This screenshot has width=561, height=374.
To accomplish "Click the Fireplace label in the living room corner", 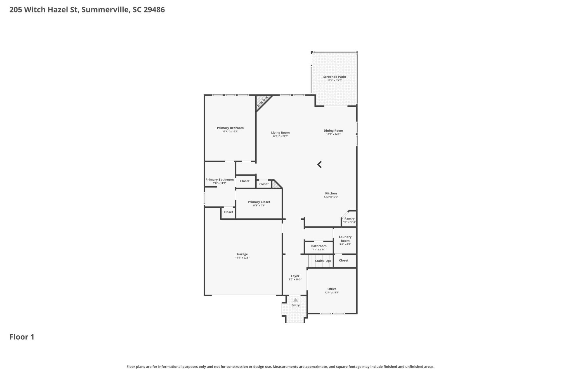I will tap(262, 101).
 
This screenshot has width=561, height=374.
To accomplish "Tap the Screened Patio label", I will tap(334, 77).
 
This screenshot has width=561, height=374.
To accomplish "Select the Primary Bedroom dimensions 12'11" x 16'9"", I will tap(230, 131).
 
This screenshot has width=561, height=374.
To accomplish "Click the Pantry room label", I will tap(349, 219).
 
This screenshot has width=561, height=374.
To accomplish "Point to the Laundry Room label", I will tap(345, 239).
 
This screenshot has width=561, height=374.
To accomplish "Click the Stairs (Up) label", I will tap(323, 261).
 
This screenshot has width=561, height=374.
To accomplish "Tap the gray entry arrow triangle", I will tap(295, 300).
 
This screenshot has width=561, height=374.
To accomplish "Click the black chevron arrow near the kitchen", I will tap(319, 165).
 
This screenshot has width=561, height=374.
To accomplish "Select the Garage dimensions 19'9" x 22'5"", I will tap(242, 258).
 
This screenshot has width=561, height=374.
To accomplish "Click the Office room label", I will tap(332, 289).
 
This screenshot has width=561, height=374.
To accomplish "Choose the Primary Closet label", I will tap(259, 202).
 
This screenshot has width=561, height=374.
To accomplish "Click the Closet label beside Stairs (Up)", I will tap(343, 260).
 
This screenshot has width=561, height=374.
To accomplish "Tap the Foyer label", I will tap(295, 276).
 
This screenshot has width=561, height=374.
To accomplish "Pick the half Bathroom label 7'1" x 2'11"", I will tap(318, 246).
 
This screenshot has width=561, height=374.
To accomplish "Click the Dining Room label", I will tap(333, 131).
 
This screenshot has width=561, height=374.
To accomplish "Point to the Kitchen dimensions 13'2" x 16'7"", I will tap(331, 197).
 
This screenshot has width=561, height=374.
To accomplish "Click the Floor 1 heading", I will tap(22, 337).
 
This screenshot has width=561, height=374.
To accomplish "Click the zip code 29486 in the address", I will tap(154, 10).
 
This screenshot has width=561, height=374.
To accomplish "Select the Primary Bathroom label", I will tap(219, 180).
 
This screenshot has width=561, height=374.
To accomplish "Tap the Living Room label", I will tap(280, 133).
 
